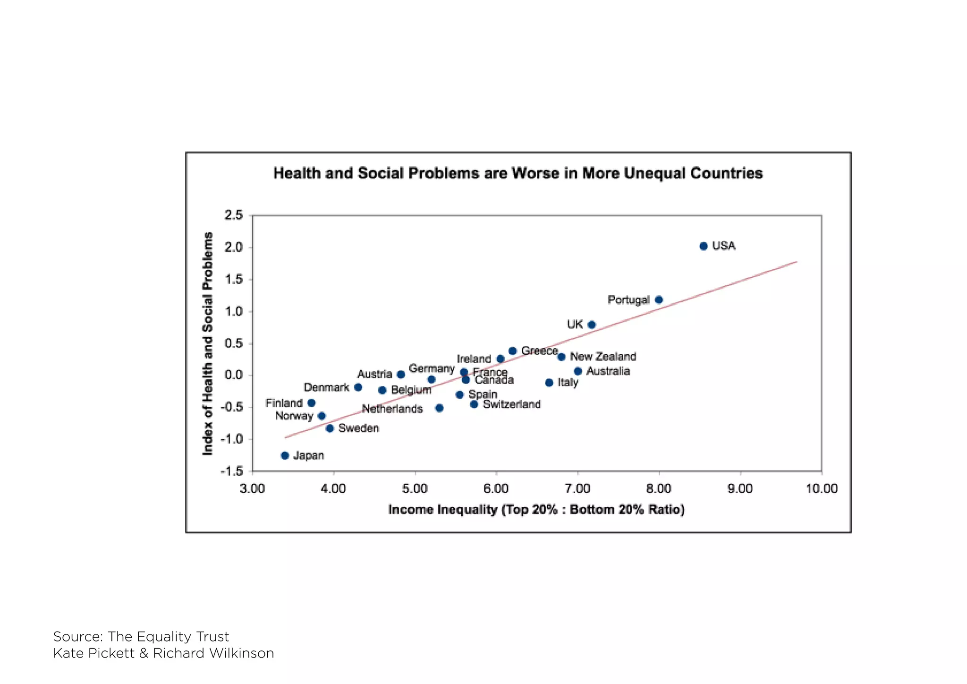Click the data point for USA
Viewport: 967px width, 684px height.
coord(703,246)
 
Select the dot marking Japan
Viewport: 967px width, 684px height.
coord(285,455)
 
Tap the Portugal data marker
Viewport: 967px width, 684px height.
coord(659,300)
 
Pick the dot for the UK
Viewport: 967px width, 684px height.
coord(592,325)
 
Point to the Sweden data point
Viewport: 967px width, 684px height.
coord(330,428)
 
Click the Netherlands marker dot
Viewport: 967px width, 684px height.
coord(439,408)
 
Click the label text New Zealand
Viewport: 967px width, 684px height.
coord(603,357)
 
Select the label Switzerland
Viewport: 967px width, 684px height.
coord(511,404)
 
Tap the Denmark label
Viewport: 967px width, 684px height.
coord(326,387)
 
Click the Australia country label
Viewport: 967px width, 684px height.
coord(608,371)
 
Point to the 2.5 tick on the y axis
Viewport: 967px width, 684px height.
coord(233,215)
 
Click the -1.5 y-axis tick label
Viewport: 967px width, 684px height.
coord(232,471)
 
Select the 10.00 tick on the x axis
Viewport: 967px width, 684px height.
coord(821,489)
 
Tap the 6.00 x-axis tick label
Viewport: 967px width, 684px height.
coord(496,489)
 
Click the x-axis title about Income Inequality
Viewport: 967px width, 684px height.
coord(536,510)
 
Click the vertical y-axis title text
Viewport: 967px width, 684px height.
coord(207,343)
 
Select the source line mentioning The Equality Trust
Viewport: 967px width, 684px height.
coord(141,636)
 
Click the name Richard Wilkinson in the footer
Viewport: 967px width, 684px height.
coord(213,653)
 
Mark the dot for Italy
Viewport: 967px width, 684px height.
coord(549,383)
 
